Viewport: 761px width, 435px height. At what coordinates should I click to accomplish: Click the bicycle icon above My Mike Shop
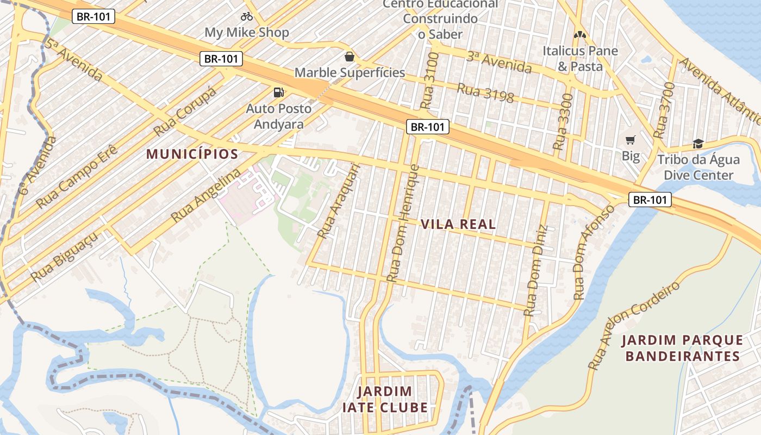click(x=247, y=16)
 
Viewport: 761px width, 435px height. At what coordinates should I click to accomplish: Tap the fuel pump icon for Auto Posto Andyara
click(x=279, y=92)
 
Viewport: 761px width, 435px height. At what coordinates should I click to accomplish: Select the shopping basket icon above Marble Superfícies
click(x=350, y=57)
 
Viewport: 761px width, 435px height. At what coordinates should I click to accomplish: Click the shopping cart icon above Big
click(x=631, y=140)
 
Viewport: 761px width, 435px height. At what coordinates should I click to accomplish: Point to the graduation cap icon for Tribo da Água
click(x=698, y=144)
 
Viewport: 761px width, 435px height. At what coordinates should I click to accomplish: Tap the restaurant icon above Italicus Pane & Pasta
click(x=580, y=35)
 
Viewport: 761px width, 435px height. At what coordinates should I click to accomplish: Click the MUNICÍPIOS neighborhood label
click(x=192, y=154)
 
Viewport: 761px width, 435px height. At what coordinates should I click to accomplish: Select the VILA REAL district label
click(x=458, y=224)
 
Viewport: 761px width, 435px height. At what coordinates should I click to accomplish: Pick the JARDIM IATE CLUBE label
click(x=385, y=400)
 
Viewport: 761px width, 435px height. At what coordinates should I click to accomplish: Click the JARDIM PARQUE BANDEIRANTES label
click(x=682, y=349)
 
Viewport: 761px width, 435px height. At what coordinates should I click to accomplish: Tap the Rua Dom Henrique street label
click(x=403, y=223)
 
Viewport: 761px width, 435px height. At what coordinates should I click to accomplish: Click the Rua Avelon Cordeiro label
click(x=634, y=326)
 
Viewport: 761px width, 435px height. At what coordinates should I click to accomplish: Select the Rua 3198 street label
click(x=485, y=93)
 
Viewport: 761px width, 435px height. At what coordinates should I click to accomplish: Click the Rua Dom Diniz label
click(x=535, y=270)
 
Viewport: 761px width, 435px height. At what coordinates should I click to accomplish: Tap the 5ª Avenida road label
click(x=73, y=60)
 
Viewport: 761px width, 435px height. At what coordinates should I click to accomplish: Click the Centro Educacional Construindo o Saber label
click(x=440, y=19)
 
